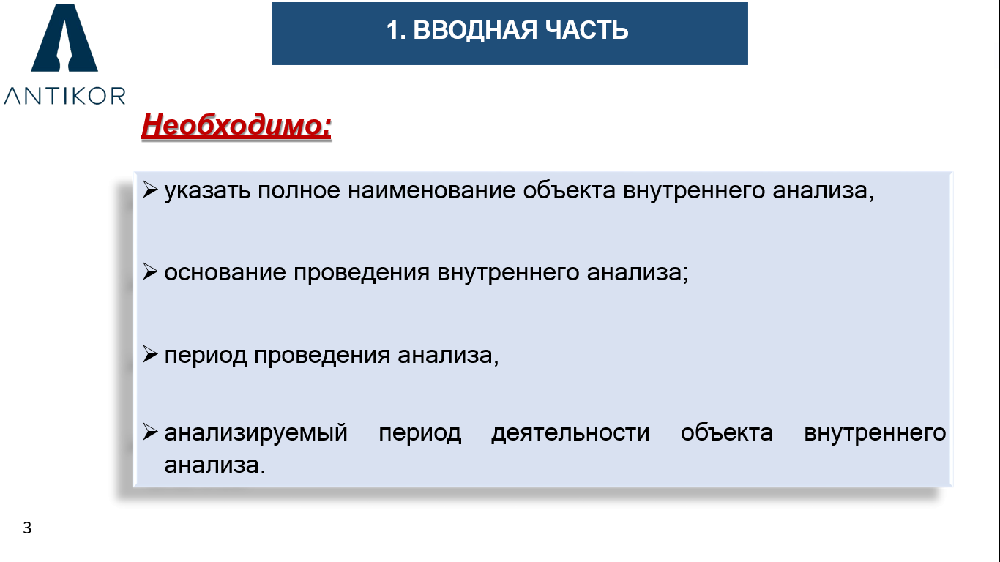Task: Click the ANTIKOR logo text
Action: click(64, 96)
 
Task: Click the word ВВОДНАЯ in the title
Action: click(475, 30)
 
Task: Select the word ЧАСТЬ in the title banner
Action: click(586, 30)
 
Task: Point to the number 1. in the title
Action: click(396, 30)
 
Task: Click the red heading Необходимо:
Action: click(236, 124)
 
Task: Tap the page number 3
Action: click(27, 528)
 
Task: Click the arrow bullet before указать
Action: click(150, 190)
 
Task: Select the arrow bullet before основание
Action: click(150, 271)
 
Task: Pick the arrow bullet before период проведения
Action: click(150, 354)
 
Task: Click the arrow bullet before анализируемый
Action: click(150, 432)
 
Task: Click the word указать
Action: click(208, 191)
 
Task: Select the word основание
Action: click(225, 272)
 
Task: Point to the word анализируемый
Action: click(255, 433)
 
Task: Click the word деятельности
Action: click(570, 433)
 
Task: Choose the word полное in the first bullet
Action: click(299, 190)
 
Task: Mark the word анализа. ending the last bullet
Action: click(214, 465)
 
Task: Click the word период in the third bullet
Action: click(206, 356)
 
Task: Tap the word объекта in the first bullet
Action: click(570, 190)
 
